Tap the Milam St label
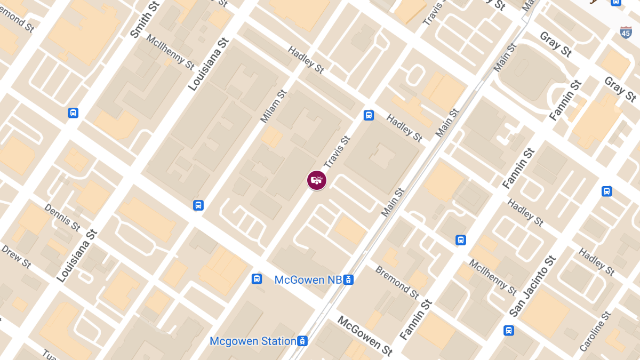tap(274, 107)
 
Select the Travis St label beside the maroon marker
tap(337, 151)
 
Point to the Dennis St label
tap(62, 218)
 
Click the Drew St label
tap(16, 255)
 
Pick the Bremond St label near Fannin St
tap(397, 282)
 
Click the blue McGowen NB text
tap(307, 279)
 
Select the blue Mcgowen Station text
tap(253, 341)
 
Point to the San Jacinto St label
tap(533, 286)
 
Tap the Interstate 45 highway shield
tap(627, 32)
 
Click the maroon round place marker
tap(317, 180)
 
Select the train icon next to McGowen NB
tap(348, 279)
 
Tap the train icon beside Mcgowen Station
tap(302, 341)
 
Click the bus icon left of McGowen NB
tap(257, 279)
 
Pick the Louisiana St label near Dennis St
tap(77, 255)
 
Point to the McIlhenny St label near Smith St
tap(170, 52)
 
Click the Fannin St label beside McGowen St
tap(415, 319)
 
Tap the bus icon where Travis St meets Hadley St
tap(369, 115)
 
